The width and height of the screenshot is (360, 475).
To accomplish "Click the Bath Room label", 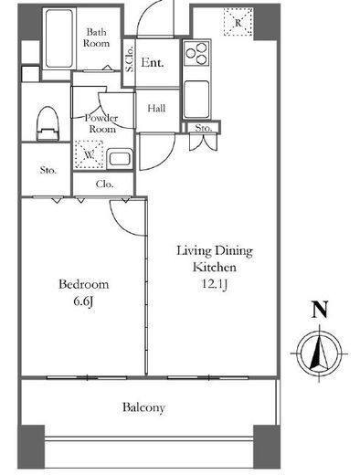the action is click(96, 37).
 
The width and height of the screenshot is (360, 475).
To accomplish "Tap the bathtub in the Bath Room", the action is click(59, 38).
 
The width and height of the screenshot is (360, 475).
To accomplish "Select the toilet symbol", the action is click(48, 123).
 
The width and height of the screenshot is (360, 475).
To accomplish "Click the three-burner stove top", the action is click(196, 54).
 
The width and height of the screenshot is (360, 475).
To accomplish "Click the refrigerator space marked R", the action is click(238, 22).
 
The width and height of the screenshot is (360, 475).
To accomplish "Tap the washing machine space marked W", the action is click(89, 154).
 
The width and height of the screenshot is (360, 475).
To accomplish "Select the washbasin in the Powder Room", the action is click(120, 158).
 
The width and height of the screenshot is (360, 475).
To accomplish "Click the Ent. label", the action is click(153, 63).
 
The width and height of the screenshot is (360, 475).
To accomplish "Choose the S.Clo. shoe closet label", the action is click(129, 59).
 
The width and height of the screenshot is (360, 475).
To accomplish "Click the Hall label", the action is click(156, 108).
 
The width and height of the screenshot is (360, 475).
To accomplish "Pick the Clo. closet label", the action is click(104, 184).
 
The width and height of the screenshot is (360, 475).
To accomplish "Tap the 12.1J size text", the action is click(215, 284).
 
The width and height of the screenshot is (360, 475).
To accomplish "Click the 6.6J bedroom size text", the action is click(83, 301).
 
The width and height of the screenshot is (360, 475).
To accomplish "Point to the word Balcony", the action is click(143, 407).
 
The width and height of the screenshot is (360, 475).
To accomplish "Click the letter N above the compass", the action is click(320, 310).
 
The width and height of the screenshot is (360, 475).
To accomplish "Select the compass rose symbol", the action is click(319, 354).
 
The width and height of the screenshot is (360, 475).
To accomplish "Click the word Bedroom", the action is click(83, 284).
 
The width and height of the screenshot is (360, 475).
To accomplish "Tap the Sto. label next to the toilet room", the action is click(48, 170).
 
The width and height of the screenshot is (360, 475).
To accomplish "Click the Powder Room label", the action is click(101, 123).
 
